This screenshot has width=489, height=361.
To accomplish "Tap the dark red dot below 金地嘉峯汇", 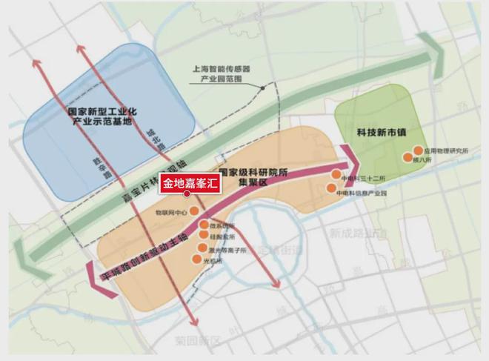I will pos(187,194).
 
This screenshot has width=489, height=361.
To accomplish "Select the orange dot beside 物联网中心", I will pos(194,211).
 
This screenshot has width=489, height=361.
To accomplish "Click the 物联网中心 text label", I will pos(167,211).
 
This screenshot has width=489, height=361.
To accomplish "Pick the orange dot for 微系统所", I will pos(204,225).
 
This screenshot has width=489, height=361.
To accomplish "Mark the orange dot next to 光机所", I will pos(196,259).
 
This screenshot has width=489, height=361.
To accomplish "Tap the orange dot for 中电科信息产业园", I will pos(331,188).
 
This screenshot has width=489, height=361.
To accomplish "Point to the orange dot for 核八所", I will pos(408,157).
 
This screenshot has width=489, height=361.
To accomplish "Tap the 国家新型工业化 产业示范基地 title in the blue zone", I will pos(99,115).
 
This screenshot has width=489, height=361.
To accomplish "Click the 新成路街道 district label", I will pos(353,233).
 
